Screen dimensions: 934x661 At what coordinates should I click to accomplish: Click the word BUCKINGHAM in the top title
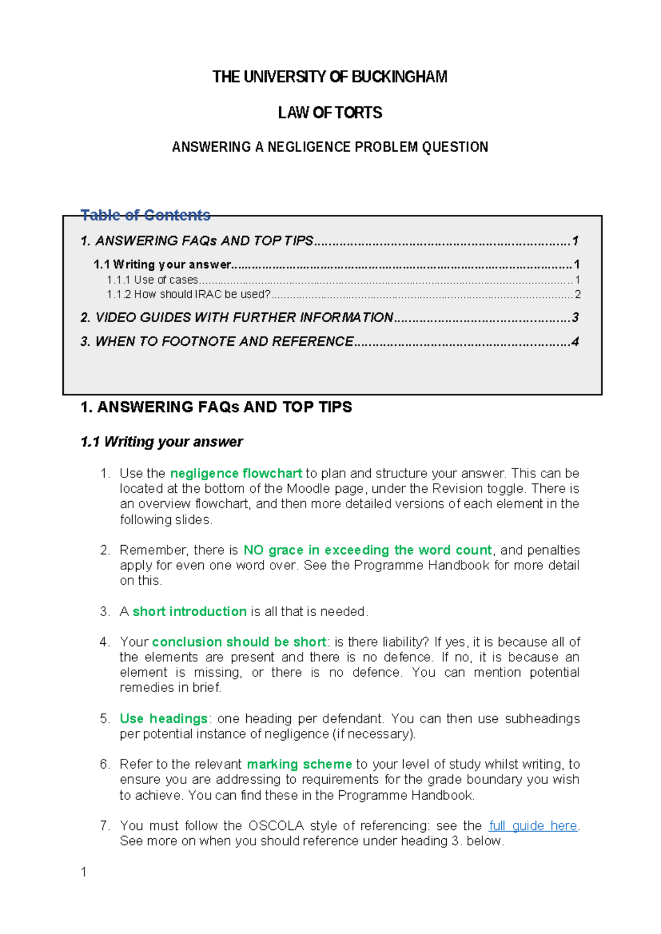399,77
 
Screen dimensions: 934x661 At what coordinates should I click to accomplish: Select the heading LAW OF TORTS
330,113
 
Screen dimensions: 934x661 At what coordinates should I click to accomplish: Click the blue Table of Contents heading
145,215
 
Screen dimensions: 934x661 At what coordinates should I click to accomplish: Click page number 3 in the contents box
575,317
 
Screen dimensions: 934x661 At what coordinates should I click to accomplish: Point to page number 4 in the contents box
575,341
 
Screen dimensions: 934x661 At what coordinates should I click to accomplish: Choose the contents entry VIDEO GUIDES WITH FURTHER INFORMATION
244,317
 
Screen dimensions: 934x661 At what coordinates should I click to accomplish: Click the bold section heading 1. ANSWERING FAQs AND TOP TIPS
216,407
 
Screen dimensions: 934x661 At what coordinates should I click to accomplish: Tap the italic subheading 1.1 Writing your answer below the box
161,442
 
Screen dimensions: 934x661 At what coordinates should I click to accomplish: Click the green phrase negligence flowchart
236,473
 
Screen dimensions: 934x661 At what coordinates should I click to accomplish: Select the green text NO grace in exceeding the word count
367,550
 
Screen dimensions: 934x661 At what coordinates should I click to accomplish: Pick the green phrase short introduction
189,611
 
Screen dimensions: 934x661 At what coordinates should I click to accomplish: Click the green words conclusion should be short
239,642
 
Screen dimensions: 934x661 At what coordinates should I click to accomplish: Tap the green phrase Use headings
164,718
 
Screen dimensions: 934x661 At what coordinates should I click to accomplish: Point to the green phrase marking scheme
299,764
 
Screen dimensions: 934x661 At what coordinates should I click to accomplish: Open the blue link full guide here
533,826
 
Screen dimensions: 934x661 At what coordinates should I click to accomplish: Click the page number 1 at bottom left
83,872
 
